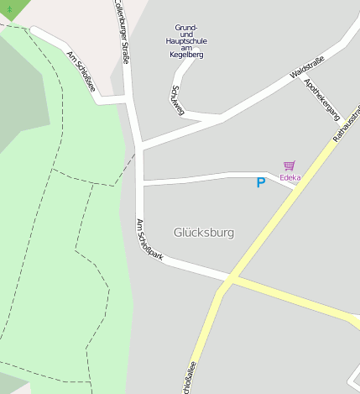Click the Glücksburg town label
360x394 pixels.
click(203, 232)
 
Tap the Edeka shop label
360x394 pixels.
click(290, 178)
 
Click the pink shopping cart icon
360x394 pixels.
click(290, 166)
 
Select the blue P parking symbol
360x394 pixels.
click(261, 182)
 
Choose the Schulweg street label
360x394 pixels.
click(177, 99)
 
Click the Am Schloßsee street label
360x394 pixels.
click(81, 71)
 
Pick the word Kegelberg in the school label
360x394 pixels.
click(186, 55)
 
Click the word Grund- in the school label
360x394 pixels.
click(186, 27)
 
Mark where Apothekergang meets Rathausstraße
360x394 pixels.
click(336, 123)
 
